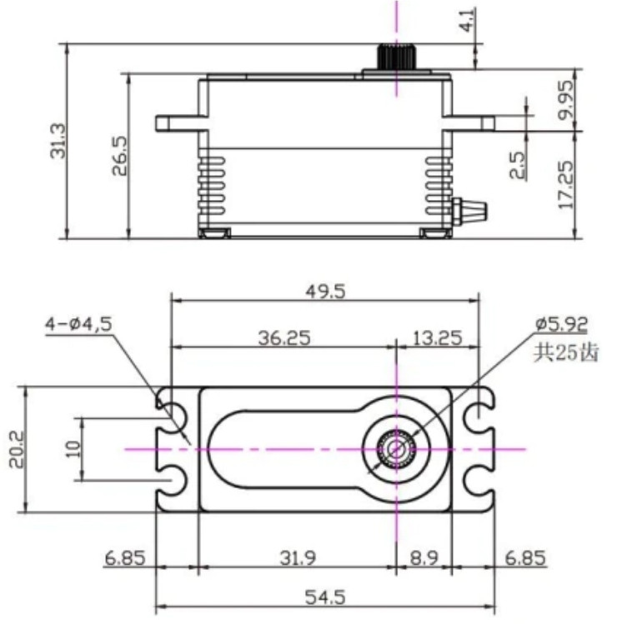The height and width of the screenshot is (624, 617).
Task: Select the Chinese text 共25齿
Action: tap(565, 352)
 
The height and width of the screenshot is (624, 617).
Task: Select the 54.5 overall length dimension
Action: tap(325, 597)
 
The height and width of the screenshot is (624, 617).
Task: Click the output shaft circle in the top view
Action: tap(395, 448)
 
